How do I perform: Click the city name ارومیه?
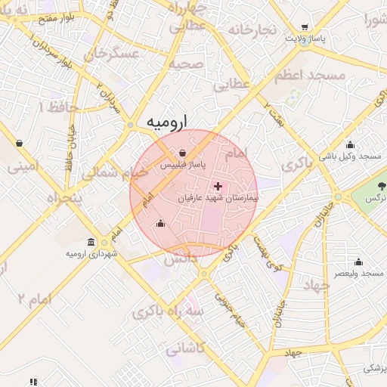(166, 121)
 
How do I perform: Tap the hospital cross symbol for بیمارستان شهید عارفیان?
(218, 185)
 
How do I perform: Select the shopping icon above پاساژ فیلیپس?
(184, 153)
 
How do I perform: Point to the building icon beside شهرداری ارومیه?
(91, 243)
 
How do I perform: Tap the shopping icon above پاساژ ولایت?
(304, 26)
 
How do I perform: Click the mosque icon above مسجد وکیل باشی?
(350, 145)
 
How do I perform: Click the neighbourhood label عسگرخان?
(113, 54)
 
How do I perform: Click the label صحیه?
(186, 64)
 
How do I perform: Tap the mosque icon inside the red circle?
(160, 223)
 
